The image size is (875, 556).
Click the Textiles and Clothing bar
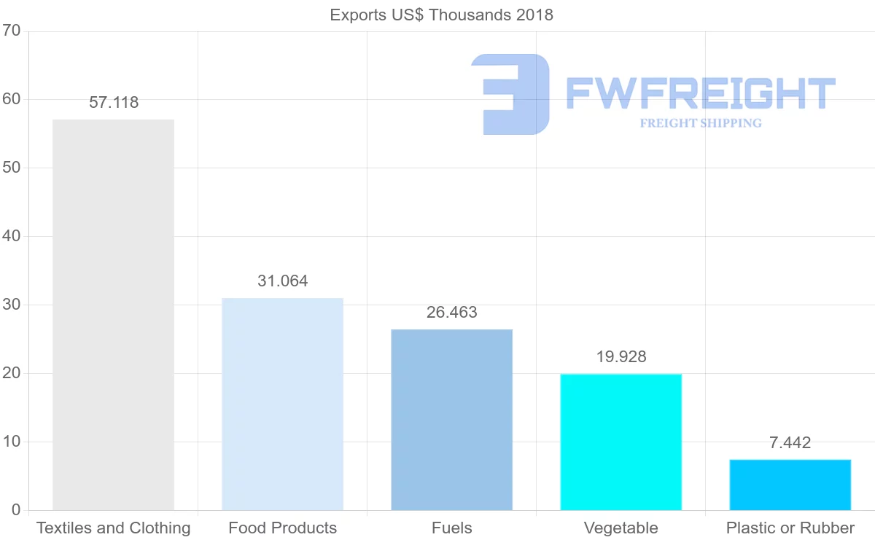click(x=113, y=315)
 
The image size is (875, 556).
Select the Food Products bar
click(x=282, y=404)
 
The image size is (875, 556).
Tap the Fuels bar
click(x=451, y=420)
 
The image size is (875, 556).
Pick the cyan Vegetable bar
click(x=621, y=442)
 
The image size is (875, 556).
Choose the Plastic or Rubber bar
click(x=790, y=485)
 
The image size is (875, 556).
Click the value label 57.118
click(x=114, y=103)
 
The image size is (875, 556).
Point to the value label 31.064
click(x=283, y=281)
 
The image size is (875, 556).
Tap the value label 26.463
click(x=452, y=313)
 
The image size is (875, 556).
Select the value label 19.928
click(x=621, y=357)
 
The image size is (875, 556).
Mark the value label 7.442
click(x=790, y=443)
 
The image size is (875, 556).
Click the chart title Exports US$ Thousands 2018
click(x=442, y=15)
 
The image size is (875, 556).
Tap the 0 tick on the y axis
click(x=15, y=510)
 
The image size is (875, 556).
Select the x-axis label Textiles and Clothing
click(x=113, y=528)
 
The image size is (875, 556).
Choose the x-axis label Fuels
click(x=451, y=528)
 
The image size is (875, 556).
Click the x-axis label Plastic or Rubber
click(x=790, y=528)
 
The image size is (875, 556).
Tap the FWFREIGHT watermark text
click(x=700, y=93)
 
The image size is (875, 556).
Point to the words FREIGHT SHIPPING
click(x=701, y=123)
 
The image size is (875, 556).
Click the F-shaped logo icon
click(x=510, y=94)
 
